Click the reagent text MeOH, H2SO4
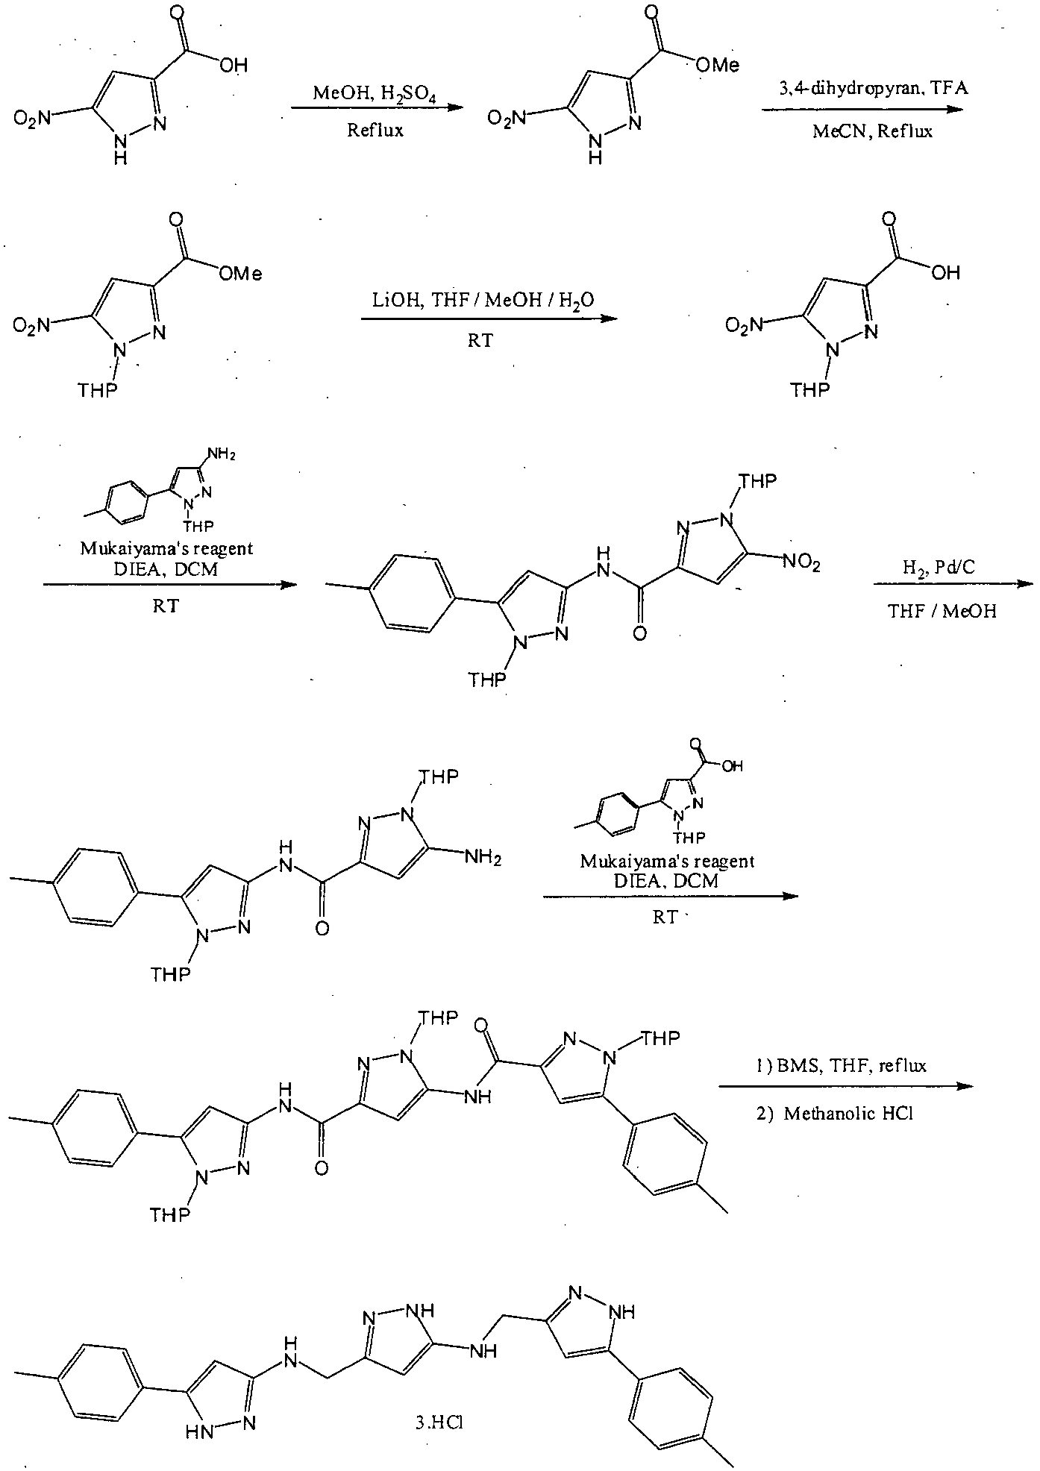[371, 95]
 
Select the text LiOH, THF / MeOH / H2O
[483, 301]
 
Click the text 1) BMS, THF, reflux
[841, 1065]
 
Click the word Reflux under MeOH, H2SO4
[375, 131]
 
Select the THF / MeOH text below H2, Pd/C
[942, 612]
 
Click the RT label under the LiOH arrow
[480, 341]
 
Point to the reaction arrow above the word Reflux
[373, 109]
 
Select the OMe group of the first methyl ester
[717, 66]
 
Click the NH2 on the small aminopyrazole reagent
[222, 454]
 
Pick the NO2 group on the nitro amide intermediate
[803, 564]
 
